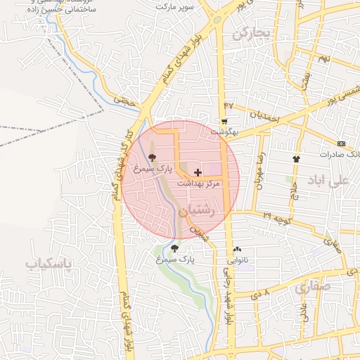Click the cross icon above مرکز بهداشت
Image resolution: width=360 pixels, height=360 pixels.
[198, 172]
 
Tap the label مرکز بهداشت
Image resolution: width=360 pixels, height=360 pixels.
[198, 182]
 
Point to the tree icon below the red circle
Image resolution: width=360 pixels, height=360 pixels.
[174, 248]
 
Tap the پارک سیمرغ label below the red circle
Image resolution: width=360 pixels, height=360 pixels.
[175, 259]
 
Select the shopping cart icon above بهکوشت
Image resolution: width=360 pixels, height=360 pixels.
[224, 121]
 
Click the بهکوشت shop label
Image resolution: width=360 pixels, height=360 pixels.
[224, 131]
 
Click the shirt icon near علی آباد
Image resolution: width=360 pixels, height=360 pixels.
[296, 159]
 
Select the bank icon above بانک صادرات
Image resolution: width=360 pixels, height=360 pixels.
[342, 143]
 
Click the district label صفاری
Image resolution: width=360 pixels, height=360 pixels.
[311, 288]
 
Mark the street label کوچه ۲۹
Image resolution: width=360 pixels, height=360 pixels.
[276, 217]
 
